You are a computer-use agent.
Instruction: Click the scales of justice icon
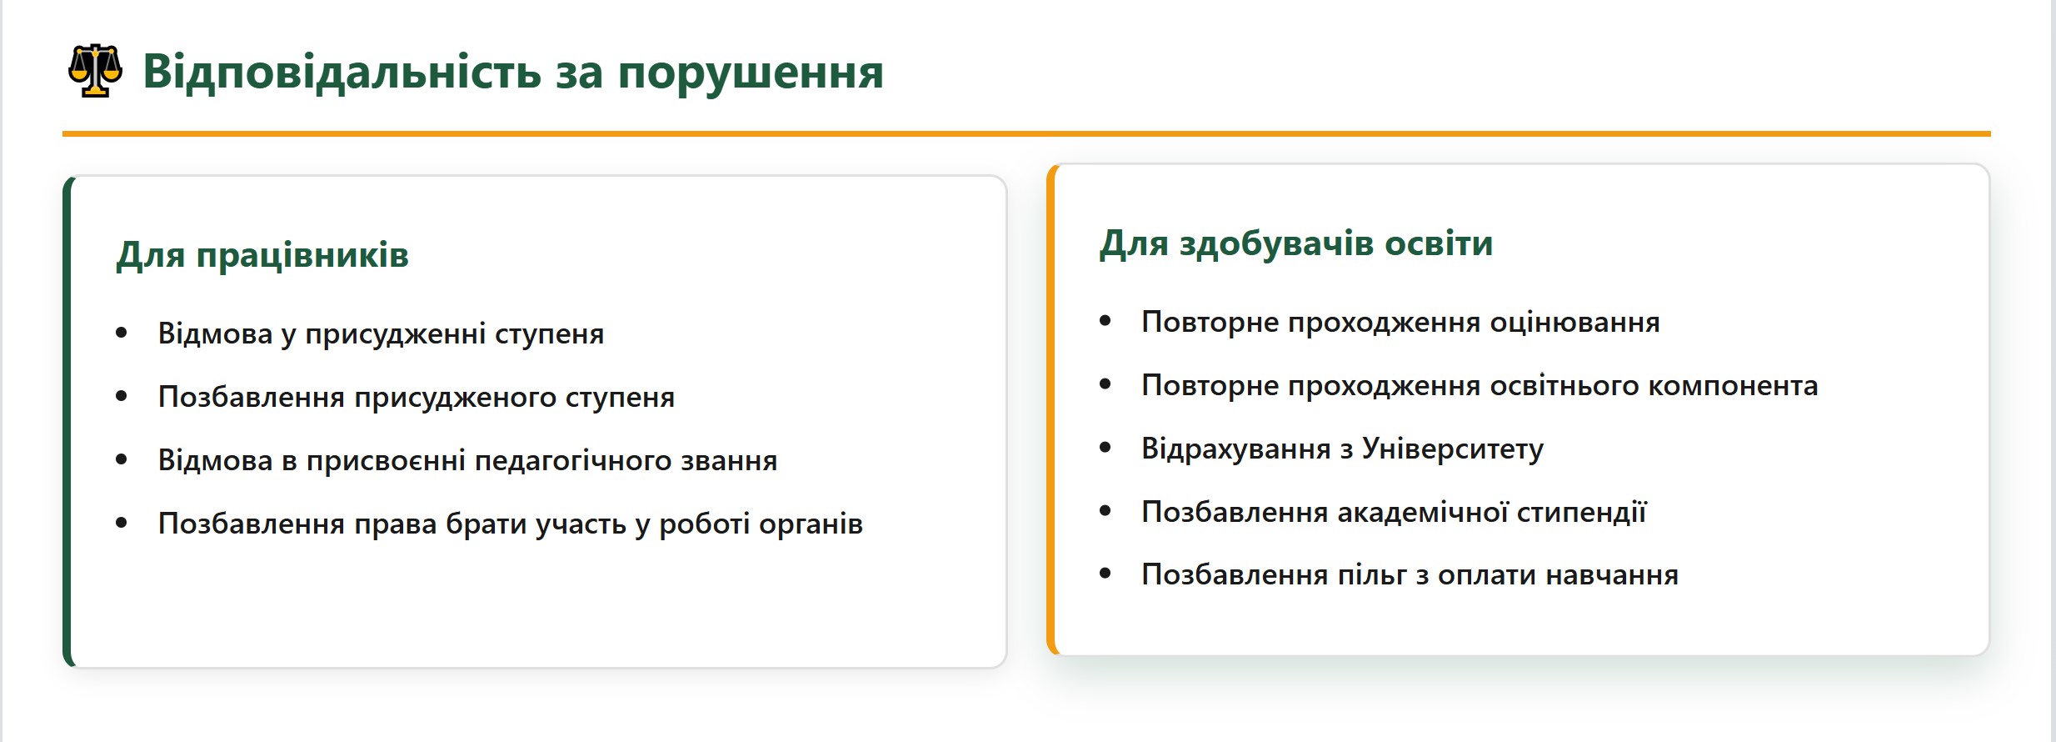click(95, 71)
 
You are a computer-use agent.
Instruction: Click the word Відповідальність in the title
click(342, 72)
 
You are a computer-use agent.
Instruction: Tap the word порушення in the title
click(751, 73)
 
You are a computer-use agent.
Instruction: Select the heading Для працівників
click(262, 255)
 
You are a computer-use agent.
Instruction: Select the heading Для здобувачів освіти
click(1296, 243)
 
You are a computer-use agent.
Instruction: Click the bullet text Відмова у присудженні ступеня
click(381, 334)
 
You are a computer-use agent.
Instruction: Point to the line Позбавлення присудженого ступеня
click(417, 398)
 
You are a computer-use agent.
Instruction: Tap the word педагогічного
click(573, 461)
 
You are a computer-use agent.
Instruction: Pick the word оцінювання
click(1574, 323)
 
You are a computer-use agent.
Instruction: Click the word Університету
click(1453, 449)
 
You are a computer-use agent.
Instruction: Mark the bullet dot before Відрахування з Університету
click(1105, 448)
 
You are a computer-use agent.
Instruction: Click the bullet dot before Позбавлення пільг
click(1105, 574)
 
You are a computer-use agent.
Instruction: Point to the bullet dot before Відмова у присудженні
click(122, 333)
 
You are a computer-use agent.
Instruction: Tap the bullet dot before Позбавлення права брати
click(122, 523)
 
